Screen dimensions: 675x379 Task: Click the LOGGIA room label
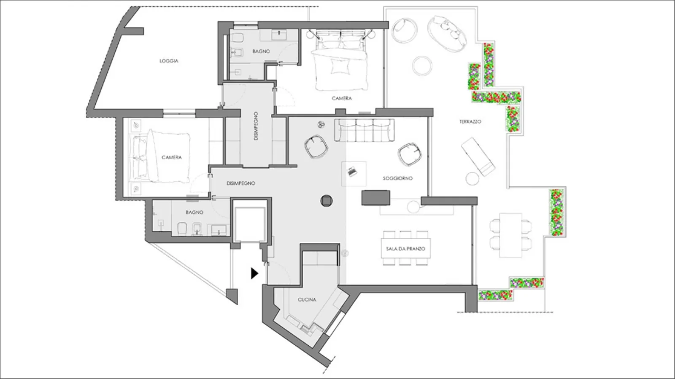click(x=169, y=61)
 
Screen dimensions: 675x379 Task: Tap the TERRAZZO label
click(x=470, y=121)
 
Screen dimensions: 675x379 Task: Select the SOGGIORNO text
click(x=397, y=178)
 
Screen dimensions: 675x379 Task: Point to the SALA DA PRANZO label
click(x=405, y=249)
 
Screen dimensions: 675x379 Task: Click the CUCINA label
click(x=307, y=299)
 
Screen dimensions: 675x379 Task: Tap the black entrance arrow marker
click(x=255, y=273)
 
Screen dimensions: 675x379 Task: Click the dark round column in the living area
click(x=327, y=201)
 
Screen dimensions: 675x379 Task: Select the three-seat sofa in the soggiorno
click(x=364, y=130)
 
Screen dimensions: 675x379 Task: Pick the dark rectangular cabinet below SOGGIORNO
click(x=376, y=198)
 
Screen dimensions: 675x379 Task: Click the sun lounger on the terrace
click(x=478, y=156)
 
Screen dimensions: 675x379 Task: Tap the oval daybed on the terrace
click(x=447, y=34)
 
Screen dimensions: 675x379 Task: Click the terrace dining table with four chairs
click(x=510, y=235)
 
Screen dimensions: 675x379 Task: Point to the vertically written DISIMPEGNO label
click(x=256, y=126)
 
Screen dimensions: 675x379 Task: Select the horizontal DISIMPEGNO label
click(x=241, y=183)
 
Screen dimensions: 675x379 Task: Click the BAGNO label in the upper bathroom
click(x=261, y=51)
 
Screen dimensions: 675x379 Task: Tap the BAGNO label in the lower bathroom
click(x=194, y=212)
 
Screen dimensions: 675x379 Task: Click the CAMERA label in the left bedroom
click(x=171, y=157)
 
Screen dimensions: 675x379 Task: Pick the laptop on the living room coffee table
click(x=352, y=171)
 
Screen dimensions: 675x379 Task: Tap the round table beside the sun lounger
click(x=472, y=178)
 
